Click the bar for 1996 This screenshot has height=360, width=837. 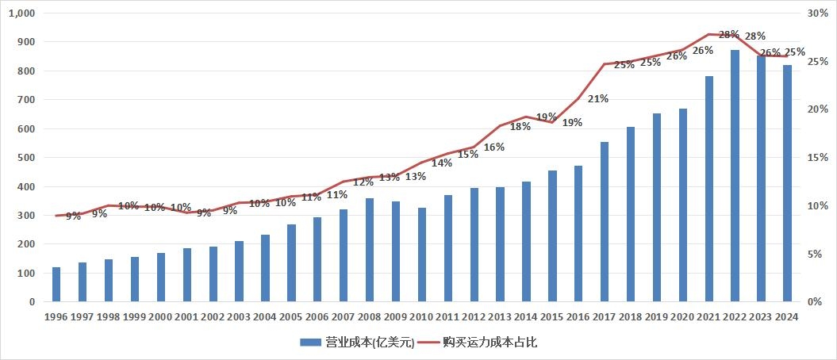coord(56,285)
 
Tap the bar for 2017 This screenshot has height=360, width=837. coord(605,222)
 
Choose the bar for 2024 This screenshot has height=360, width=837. coord(787,183)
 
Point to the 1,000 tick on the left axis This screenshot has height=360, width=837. coord(24,13)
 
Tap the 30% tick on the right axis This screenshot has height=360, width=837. coord(816,13)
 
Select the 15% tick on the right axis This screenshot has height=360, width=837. coord(816,158)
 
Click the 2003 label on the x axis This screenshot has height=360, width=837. coord(239,316)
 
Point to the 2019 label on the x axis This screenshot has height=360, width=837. coord(657,316)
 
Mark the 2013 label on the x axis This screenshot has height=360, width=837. coord(500,316)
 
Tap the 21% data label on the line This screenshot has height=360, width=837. coord(598,99)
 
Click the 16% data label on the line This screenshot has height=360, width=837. coord(494,147)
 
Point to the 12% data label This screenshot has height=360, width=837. coord(363,182)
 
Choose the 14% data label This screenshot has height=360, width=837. coord(442,163)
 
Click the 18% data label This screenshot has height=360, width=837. coord(520,127)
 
